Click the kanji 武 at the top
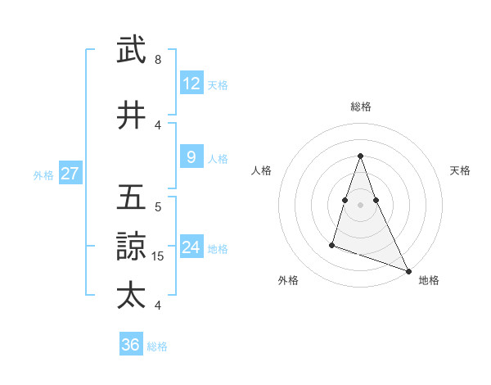pyautogui.click(x=132, y=51)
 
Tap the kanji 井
pyautogui.click(x=132, y=116)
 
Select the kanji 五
pyautogui.click(x=132, y=198)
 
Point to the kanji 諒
pyautogui.click(x=132, y=247)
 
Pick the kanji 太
pyautogui.click(x=132, y=295)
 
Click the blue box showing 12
pyautogui.click(x=191, y=84)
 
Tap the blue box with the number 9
pyautogui.click(x=191, y=157)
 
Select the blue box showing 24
pyautogui.click(x=191, y=247)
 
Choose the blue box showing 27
pyautogui.click(x=70, y=174)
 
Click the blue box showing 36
pyautogui.click(x=130, y=345)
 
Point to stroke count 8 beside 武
pyautogui.click(x=157, y=60)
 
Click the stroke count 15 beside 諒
pyautogui.click(x=159, y=256)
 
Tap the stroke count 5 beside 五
pyautogui.click(x=157, y=207)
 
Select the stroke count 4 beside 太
pyautogui.click(x=157, y=306)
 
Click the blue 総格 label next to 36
pyautogui.click(x=157, y=346)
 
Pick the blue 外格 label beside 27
pyautogui.click(x=43, y=174)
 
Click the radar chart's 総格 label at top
pyautogui.click(x=360, y=106)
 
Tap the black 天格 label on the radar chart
pyautogui.click(x=460, y=170)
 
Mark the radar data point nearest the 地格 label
pyautogui.click(x=408, y=270)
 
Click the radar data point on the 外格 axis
pyautogui.click(x=332, y=243)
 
